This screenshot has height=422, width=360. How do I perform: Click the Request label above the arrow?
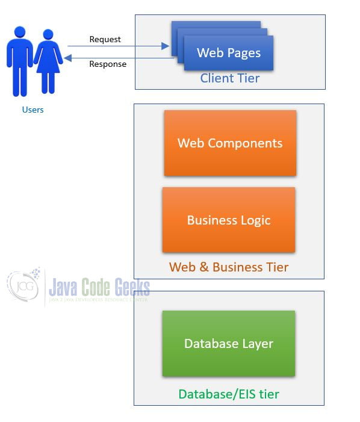pyautogui.click(x=105, y=39)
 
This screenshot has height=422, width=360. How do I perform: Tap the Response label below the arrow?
pyautogui.click(x=108, y=64)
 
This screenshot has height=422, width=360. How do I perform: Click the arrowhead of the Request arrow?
pyautogui.click(x=165, y=46)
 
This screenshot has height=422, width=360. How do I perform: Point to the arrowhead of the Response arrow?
pyautogui.click(x=68, y=58)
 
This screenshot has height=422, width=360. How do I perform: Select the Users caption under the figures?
pyautogui.click(x=33, y=110)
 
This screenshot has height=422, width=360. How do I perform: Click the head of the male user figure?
pyautogui.click(x=20, y=32)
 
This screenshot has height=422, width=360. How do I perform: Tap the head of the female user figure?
pyautogui.click(x=48, y=34)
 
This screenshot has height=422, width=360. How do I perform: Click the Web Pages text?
pyautogui.click(x=229, y=53)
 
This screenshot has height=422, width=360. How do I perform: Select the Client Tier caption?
pyautogui.click(x=230, y=78)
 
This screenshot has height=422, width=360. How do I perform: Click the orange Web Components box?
pyautogui.click(x=231, y=143)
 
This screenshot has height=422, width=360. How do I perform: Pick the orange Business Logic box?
pyautogui.click(x=229, y=220)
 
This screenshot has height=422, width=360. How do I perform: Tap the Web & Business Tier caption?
pyautogui.click(x=229, y=267)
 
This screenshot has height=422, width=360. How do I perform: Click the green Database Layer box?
pyautogui.click(x=229, y=343)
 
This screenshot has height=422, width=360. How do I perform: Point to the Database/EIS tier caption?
pyautogui.click(x=229, y=394)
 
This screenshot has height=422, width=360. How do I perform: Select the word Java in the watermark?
pyautogui.click(x=63, y=287)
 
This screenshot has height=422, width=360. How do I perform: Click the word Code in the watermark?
pyautogui.click(x=96, y=287)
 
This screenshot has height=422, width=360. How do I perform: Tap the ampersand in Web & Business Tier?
pyautogui.click(x=204, y=267)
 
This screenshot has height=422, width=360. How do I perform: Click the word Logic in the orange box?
pyautogui.click(x=255, y=220)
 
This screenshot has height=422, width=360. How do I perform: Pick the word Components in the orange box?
pyautogui.click(x=245, y=143)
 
